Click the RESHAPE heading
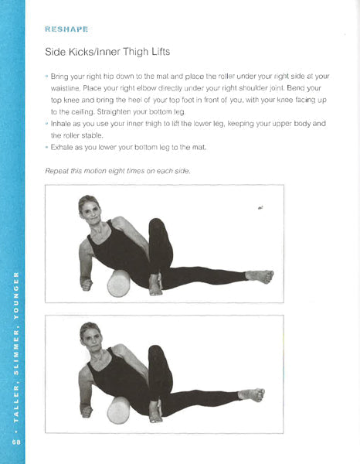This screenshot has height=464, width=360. click(x=66, y=29)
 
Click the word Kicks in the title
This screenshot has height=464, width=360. click(x=79, y=52)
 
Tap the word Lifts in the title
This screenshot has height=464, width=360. click(x=161, y=52)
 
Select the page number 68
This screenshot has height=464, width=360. click(x=16, y=442)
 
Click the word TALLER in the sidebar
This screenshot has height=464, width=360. click(x=16, y=403)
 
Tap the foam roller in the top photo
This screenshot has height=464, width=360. click(x=118, y=284)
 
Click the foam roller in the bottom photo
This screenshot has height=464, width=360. click(x=118, y=411)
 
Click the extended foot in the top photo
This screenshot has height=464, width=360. click(x=260, y=276)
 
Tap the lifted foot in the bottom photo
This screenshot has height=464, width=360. click(x=252, y=394)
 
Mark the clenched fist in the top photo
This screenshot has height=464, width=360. click(x=87, y=285)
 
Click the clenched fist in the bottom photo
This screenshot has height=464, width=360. click(x=87, y=411)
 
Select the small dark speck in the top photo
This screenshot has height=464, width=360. click(x=260, y=208)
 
